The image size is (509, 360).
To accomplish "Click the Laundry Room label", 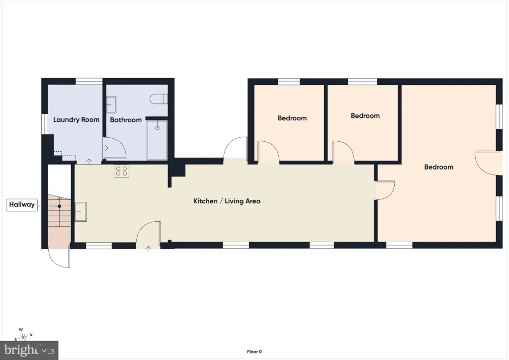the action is [x=76, y=119].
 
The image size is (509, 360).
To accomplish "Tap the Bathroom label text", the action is [x=126, y=120].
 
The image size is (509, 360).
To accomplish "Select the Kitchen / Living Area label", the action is [x=227, y=201].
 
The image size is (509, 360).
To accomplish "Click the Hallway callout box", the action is [x=22, y=204].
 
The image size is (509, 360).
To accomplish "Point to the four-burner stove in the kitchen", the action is [x=121, y=171].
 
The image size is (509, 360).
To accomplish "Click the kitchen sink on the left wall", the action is [x=81, y=212].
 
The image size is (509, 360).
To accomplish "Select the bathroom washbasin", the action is [x=111, y=104].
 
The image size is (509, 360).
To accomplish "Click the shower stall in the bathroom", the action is [x=157, y=140].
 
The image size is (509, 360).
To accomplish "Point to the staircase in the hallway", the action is [x=60, y=211].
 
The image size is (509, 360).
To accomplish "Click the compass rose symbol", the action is [x=23, y=335].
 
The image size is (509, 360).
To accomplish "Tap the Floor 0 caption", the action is [x=254, y=352].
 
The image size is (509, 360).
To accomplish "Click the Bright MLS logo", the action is [x=29, y=350].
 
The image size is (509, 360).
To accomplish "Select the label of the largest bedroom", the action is [x=438, y=167].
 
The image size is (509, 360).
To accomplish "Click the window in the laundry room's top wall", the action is [x=89, y=81].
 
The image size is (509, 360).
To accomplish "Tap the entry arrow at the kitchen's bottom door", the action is [x=148, y=249].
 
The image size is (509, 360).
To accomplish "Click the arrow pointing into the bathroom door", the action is [x=106, y=148].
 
